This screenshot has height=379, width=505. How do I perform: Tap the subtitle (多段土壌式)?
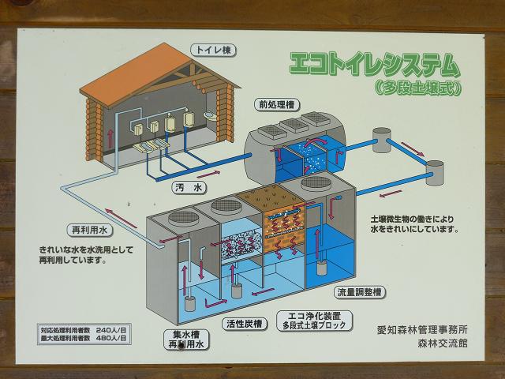click(417, 88)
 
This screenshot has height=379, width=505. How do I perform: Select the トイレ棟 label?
click(214, 51)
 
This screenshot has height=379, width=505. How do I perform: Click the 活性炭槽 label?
click(244, 323)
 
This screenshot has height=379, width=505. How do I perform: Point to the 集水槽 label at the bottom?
click(184, 334)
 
